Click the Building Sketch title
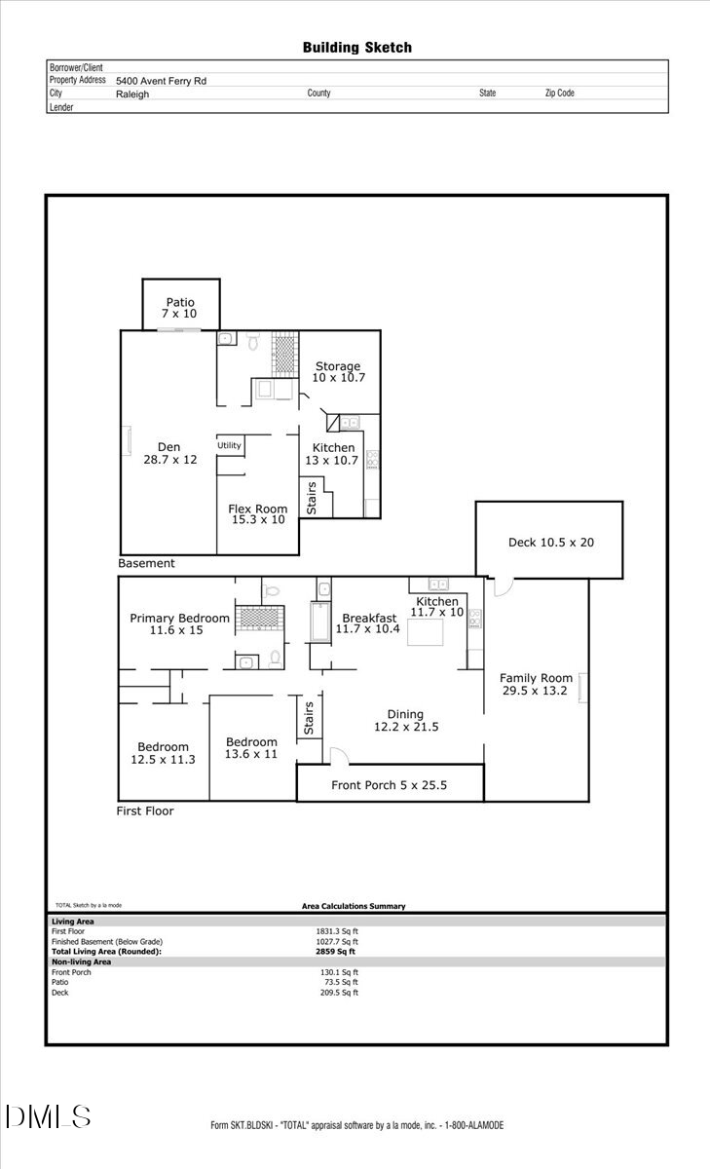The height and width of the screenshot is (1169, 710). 356,47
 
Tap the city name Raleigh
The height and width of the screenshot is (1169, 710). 132,94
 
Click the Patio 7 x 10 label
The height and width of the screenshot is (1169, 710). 180,309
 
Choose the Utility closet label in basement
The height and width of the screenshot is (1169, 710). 229,445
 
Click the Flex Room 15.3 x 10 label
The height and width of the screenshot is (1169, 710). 257,514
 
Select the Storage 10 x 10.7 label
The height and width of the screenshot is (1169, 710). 338,371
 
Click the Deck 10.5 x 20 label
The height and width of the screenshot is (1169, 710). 550,543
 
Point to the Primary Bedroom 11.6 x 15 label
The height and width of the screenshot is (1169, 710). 180,624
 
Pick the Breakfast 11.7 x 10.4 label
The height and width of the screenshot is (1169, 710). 368,623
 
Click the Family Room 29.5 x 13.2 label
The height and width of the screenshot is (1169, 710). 536,685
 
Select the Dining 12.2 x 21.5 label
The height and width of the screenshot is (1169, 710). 406,720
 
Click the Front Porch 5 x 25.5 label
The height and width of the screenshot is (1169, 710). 389,785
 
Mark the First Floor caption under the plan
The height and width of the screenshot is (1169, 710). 145,811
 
